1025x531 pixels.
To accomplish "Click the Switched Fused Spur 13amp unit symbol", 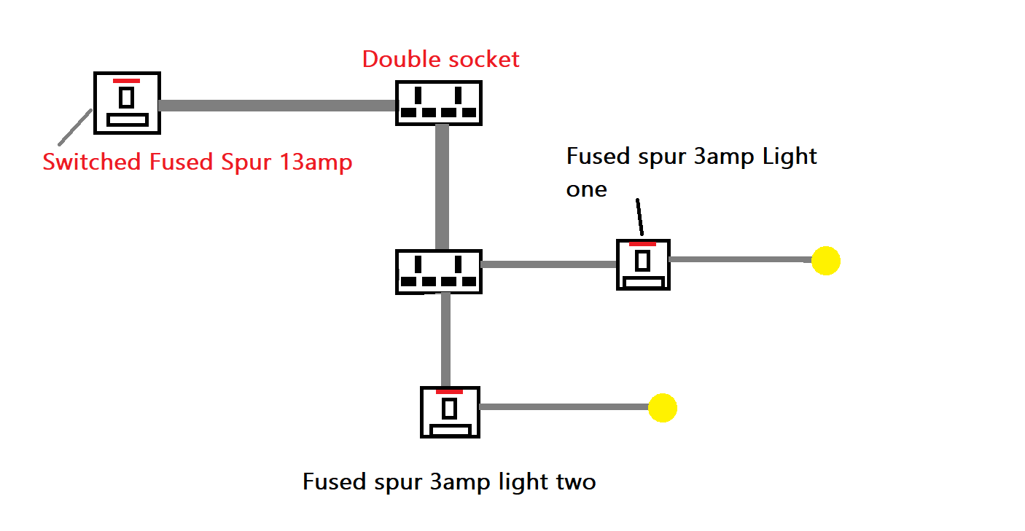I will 127,103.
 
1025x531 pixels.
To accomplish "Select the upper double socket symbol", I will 439,103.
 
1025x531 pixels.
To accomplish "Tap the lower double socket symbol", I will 438,272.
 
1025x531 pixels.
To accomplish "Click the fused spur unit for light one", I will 642,264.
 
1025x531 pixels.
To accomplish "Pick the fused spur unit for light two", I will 450,412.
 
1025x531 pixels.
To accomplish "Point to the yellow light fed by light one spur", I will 826,260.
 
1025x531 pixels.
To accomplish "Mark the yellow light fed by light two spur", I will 663,408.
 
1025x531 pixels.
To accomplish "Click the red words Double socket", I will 440,59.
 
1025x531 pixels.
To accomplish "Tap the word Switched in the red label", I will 93,162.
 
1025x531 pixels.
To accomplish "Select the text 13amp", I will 316,162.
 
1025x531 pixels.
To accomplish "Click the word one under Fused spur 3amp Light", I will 586,189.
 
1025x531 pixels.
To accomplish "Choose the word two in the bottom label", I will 574,481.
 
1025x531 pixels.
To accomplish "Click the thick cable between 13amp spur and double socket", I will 277,106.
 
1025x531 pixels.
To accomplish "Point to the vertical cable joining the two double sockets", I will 441,187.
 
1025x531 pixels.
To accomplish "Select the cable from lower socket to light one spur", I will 548,264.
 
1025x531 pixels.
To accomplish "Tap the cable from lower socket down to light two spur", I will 445,339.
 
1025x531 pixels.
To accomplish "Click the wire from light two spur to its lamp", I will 564,407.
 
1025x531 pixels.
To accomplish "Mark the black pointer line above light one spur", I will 639,216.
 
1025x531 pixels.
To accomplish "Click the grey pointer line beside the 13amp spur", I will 74,127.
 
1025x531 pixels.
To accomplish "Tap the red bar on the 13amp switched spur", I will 126,80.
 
